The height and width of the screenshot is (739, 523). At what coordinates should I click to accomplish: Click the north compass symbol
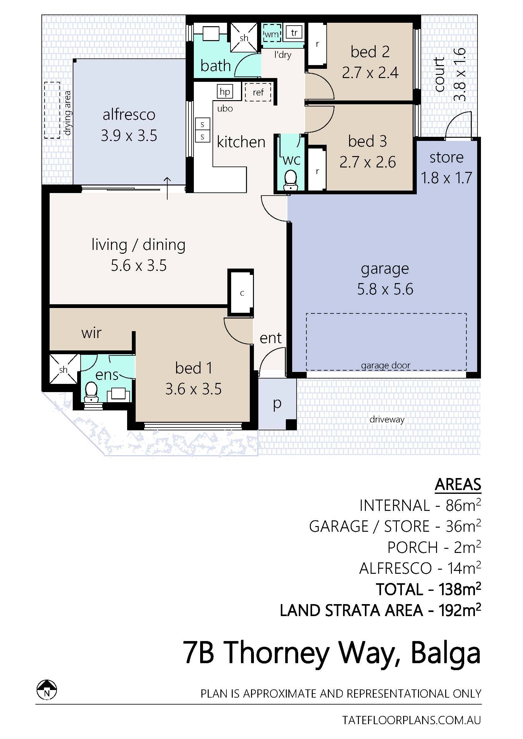[x=47, y=690]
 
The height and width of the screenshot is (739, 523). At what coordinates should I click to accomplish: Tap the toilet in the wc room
[x=291, y=180]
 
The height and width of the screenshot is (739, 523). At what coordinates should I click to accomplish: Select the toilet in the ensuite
[x=91, y=392]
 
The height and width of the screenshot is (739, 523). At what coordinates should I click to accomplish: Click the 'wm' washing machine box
[x=272, y=33]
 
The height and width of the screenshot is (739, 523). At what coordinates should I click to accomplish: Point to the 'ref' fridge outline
[x=258, y=92]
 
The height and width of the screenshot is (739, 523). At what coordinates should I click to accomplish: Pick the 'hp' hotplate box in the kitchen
[x=225, y=92]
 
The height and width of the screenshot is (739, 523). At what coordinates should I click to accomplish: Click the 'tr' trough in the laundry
[x=294, y=33]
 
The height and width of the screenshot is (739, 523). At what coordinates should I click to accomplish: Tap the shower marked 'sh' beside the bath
[x=243, y=38]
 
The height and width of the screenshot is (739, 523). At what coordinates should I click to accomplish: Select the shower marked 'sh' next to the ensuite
[x=64, y=370]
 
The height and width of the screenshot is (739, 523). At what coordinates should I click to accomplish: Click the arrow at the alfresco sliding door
[x=167, y=188]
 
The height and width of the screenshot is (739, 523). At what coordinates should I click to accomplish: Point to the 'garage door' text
[x=385, y=366]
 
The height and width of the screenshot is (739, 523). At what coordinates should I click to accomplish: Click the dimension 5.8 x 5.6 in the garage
[x=385, y=289]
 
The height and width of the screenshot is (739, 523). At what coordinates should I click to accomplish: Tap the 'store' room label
[x=446, y=157]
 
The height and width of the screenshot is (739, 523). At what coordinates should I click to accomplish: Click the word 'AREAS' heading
[x=458, y=484]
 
